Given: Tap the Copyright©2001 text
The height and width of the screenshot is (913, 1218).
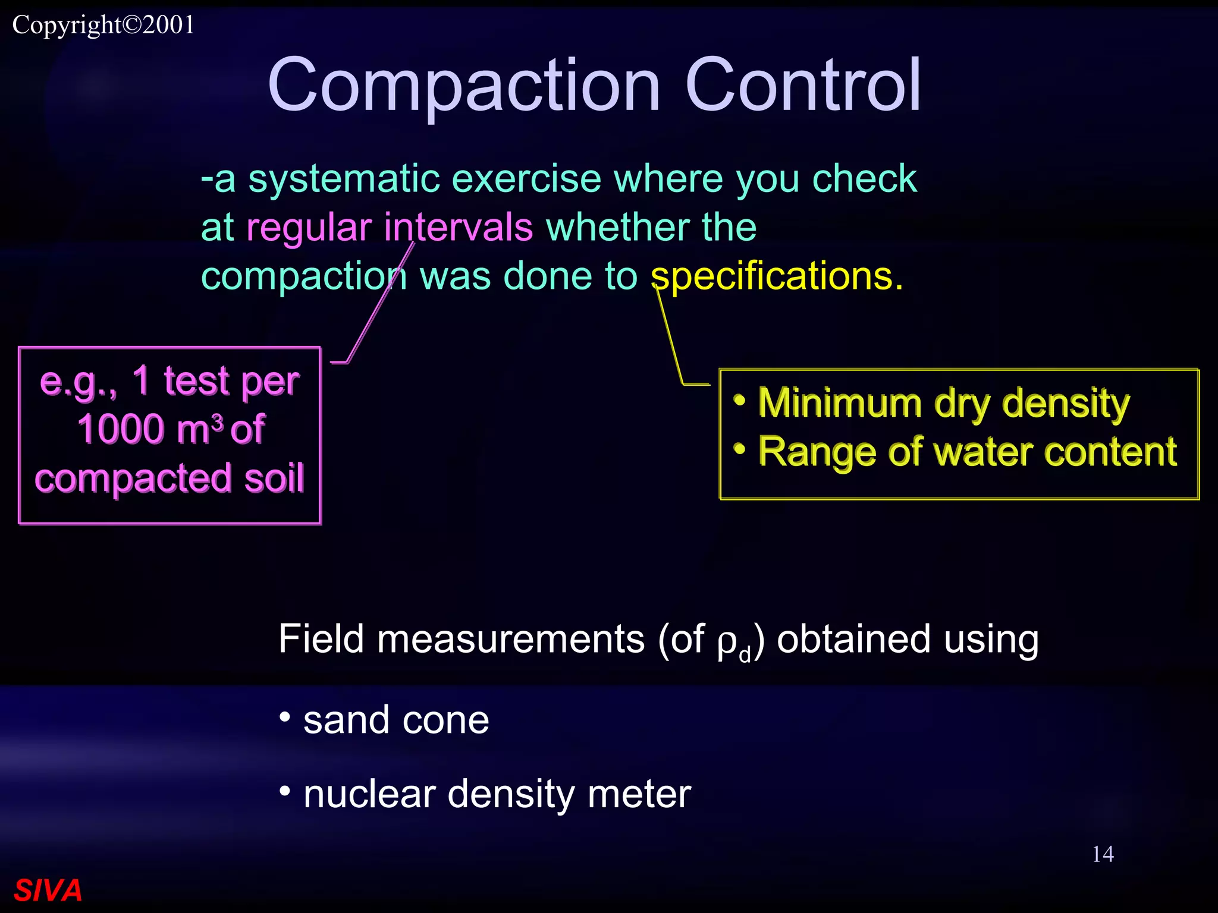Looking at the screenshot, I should point(103,25).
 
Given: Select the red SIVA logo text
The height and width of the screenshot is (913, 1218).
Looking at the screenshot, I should point(48,890).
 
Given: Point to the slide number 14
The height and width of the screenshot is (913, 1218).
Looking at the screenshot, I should point(1103,854).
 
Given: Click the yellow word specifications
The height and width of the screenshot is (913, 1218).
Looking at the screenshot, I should point(776,276).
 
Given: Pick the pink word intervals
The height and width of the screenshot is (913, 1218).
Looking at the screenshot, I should point(458,228).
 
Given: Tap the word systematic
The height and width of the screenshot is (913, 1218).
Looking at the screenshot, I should point(344,179).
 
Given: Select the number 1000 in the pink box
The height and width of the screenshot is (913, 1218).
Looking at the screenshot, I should point(121,429).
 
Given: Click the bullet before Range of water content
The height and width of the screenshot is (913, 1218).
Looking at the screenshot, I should point(739,449).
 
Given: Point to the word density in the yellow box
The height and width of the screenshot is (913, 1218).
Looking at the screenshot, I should point(1065,404).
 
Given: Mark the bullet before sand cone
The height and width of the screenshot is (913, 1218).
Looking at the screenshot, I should point(285,717).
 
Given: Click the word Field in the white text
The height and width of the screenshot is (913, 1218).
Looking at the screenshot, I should point(321,640).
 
